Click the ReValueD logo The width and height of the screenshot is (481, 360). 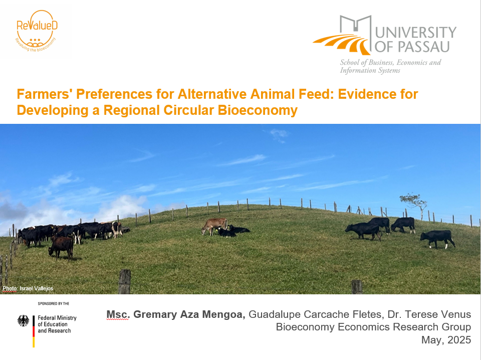[x=37, y=31]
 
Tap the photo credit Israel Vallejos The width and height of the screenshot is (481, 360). [x=36, y=288]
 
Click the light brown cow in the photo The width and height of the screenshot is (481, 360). [x=214, y=226]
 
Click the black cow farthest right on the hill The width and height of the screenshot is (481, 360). [x=438, y=239]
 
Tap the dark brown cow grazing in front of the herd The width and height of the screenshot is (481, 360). [x=61, y=247]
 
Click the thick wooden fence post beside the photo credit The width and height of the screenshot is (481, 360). [x=124, y=281]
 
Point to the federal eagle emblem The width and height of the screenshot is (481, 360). [x=24, y=321]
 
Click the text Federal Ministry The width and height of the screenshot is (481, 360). [x=57, y=318]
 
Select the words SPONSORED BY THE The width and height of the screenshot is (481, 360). [x=54, y=303]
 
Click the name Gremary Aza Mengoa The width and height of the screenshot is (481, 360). [x=189, y=314]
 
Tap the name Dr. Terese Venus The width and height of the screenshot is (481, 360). [x=429, y=314]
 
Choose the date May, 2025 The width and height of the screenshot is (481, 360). [x=446, y=340]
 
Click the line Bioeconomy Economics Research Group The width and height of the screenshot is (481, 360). [x=373, y=327]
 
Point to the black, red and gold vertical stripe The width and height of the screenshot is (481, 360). [x=34, y=331]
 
